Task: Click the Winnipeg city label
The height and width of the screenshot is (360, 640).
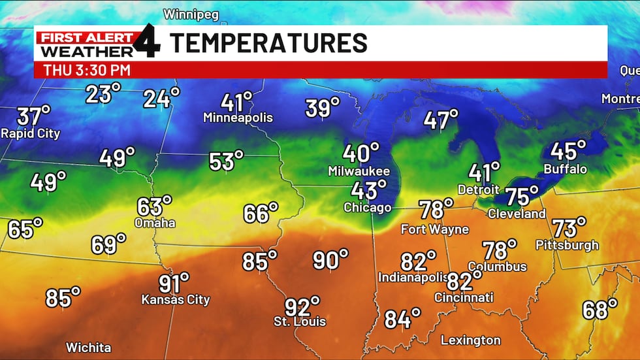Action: click(191, 14)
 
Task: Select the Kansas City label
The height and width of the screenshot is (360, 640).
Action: click(176, 300)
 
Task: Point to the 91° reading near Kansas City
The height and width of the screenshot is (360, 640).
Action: click(174, 284)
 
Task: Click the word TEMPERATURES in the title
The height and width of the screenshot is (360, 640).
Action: click(268, 43)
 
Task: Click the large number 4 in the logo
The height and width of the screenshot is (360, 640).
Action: click(148, 42)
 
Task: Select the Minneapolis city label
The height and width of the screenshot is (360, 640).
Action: click(238, 118)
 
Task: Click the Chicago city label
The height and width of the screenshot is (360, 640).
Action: click(368, 208)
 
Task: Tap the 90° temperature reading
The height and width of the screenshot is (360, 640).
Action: click(330, 260)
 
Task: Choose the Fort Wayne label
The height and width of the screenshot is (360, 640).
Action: click(435, 229)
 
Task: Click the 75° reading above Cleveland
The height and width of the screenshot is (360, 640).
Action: click(522, 196)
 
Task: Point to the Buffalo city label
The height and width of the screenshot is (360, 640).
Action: click(566, 169)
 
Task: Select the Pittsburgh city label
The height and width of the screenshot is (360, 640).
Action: click(567, 245)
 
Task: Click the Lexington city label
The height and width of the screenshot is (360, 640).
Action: click(470, 340)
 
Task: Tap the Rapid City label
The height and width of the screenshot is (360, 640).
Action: click(31, 133)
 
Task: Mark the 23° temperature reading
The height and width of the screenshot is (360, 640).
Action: click(103, 93)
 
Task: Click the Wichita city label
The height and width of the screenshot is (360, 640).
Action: click(88, 348)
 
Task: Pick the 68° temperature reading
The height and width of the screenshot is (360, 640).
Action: click(600, 309)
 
